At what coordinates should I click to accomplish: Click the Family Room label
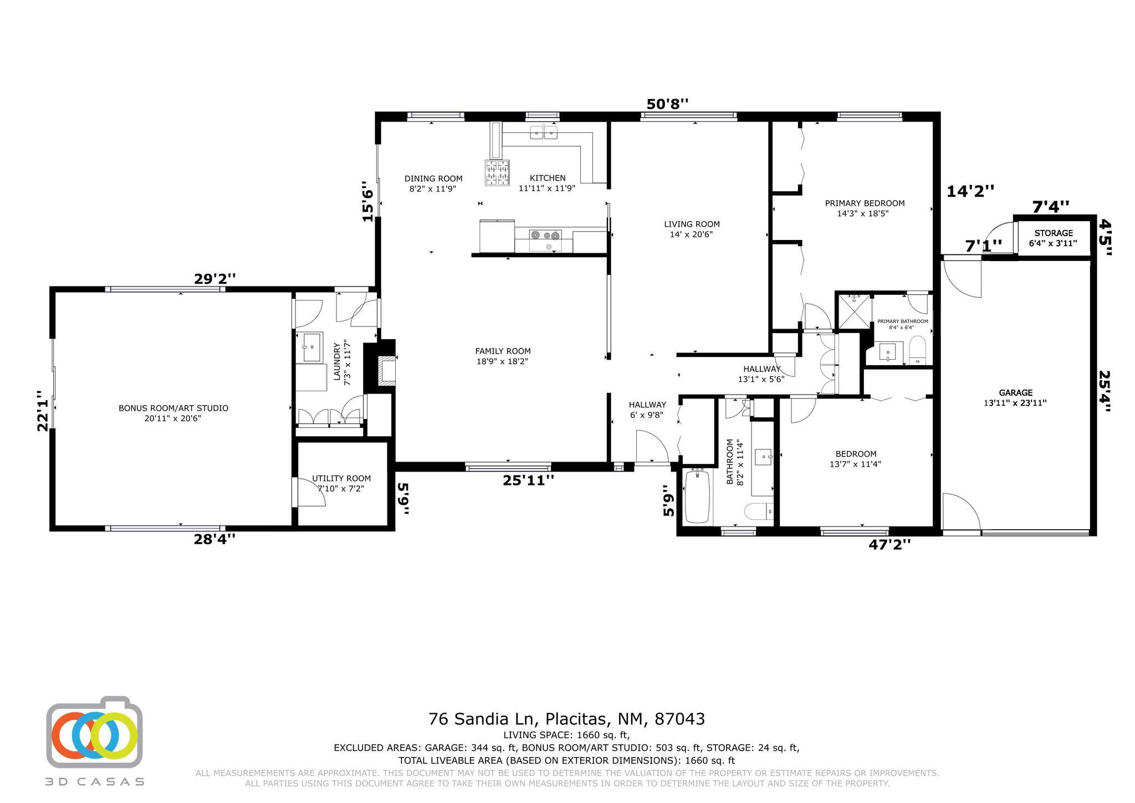503,351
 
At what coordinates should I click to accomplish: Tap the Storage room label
1053,233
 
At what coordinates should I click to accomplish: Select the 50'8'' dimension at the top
667,104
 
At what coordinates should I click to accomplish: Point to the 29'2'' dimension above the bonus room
215,279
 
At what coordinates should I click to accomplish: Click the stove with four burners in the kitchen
497,172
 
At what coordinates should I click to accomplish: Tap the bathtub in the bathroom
698,497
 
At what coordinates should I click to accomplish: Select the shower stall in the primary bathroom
853,312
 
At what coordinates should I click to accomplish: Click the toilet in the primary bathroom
917,350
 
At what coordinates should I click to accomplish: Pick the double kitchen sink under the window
543,132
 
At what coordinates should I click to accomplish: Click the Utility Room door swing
310,492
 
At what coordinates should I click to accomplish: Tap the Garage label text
1015,392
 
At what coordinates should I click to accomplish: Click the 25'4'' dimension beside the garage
1105,391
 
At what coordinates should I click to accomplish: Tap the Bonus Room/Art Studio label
173,408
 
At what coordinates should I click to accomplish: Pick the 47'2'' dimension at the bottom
889,545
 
